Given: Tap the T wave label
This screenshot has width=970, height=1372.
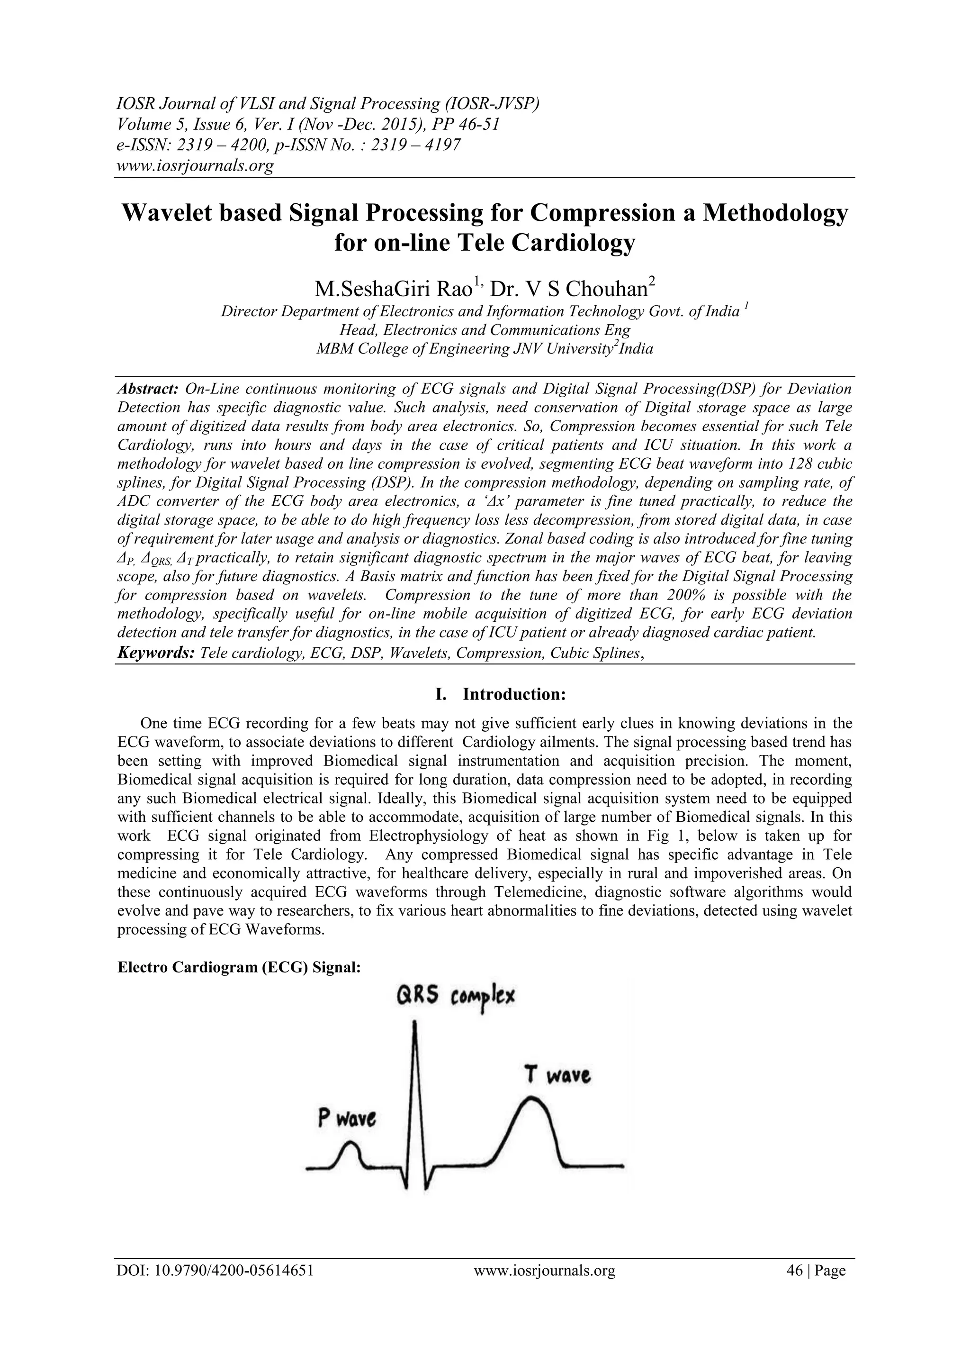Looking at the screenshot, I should pos(558,1076).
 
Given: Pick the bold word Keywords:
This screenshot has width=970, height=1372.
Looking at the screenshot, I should pos(156,653).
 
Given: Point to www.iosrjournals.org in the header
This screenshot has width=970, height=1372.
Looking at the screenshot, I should pos(195,165).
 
